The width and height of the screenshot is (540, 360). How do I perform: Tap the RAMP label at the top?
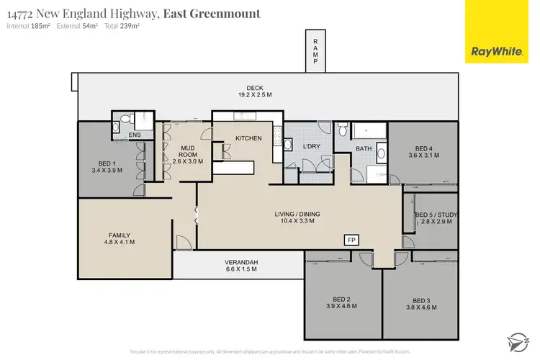pos(315,53)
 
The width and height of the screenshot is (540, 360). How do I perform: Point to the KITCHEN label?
pos(248,138)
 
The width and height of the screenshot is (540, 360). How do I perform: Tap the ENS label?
pos(135,135)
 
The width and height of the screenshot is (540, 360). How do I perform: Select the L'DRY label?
pos(311,146)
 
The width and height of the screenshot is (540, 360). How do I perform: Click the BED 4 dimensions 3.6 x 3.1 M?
pos(423,155)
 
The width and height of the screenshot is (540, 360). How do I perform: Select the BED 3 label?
pos(422,300)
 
